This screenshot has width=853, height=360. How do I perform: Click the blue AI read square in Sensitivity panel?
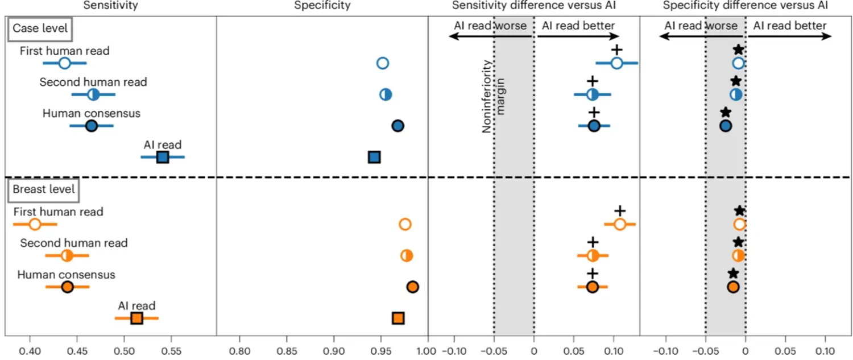(x=163, y=157)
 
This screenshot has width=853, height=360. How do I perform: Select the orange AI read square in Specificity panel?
(x=398, y=318)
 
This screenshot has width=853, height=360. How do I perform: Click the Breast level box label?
(x=43, y=189)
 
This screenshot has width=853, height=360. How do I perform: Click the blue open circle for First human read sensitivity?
(x=65, y=63)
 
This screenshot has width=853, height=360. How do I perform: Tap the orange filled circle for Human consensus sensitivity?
(x=67, y=287)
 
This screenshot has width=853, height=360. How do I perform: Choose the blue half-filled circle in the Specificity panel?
(x=386, y=94)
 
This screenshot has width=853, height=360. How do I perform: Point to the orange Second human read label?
(x=74, y=243)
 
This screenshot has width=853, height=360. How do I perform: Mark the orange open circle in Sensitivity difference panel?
(x=620, y=224)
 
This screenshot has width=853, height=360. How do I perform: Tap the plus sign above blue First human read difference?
(x=616, y=50)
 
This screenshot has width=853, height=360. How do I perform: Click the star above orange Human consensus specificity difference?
(x=733, y=274)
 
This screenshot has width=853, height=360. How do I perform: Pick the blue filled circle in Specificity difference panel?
(x=725, y=126)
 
